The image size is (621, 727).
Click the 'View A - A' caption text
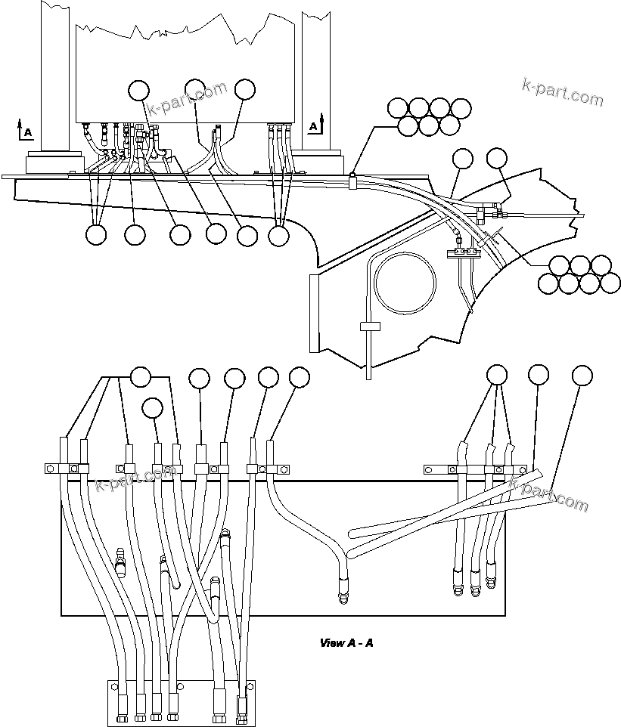click(x=346, y=643)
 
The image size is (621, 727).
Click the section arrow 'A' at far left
click(x=25, y=129)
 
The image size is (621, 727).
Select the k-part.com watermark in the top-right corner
click(x=562, y=91)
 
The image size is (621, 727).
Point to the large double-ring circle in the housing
click(x=405, y=282)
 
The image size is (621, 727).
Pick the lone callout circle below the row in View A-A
click(x=152, y=408)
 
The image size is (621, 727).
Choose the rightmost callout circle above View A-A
click(x=582, y=376)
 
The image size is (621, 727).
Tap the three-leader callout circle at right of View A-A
click(x=496, y=376)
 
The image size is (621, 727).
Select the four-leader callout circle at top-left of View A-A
click(x=141, y=376)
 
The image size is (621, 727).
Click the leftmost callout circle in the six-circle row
click(x=96, y=235)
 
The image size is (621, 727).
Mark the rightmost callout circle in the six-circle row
click(x=279, y=235)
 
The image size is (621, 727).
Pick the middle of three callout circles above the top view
click(x=195, y=89)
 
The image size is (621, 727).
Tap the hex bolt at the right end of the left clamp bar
click(x=283, y=469)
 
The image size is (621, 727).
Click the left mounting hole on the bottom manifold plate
click(x=115, y=688)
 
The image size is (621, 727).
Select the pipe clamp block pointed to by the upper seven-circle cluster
click(x=352, y=181)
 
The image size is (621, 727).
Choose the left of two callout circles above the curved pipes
click(x=461, y=159)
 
